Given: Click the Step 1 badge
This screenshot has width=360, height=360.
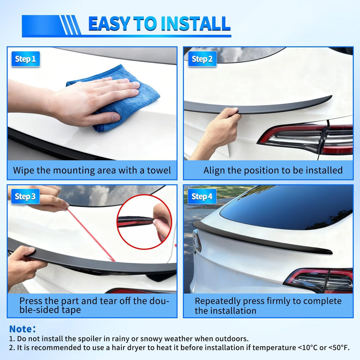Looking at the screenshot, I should click(x=25, y=59).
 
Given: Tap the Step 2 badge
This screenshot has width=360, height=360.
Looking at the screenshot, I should click(x=202, y=59).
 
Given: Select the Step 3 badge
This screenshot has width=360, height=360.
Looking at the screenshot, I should click(x=25, y=197).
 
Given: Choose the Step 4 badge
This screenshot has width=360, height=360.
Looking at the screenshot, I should click(x=202, y=197).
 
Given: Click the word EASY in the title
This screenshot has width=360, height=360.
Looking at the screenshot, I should click(x=109, y=24).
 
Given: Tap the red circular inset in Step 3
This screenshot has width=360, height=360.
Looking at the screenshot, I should click(x=144, y=222).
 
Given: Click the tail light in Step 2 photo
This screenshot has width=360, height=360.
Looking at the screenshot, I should click(x=308, y=138).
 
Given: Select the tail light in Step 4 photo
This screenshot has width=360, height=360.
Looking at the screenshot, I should click(x=320, y=280).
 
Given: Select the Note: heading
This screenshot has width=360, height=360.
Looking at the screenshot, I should click(x=22, y=329).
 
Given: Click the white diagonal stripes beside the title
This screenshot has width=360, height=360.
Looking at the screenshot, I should click(x=70, y=25).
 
